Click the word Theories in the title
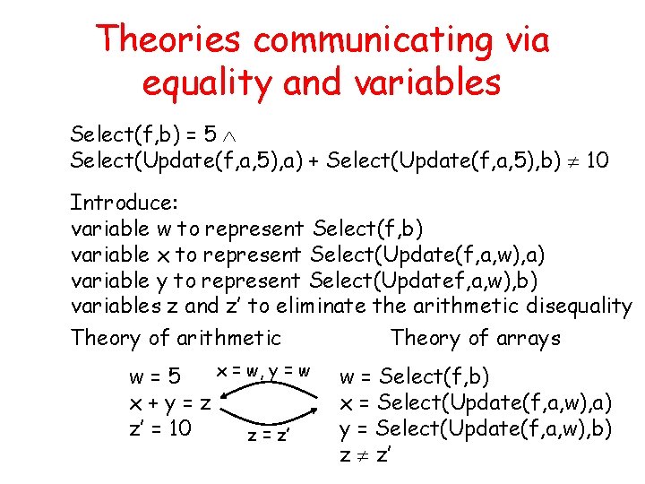pos(169,39)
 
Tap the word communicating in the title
pos(369,39)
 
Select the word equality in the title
pos(206,82)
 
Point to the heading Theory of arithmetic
pos(176,338)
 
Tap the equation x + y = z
pos(169,402)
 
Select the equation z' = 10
pos(160,428)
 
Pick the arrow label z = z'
pos(269,436)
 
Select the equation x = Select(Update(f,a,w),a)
pos(475,402)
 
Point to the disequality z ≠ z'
pos(365,454)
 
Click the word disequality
pos(580,306)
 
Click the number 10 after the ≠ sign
pos(599,161)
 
